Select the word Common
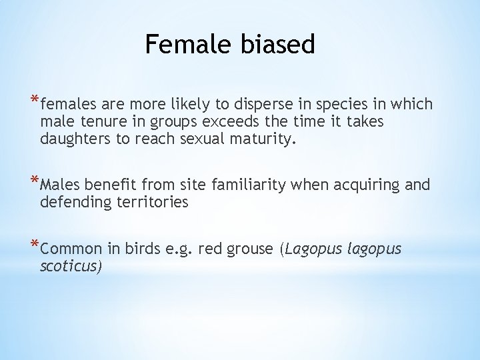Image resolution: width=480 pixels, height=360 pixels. (71, 250)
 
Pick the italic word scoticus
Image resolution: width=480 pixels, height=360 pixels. (71, 267)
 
